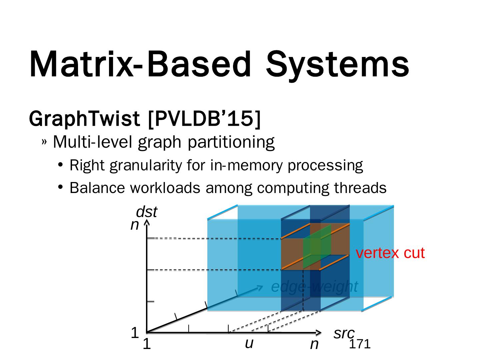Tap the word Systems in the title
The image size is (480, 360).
click(x=337, y=65)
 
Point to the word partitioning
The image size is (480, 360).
click(x=231, y=142)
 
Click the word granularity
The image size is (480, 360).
click(x=145, y=165)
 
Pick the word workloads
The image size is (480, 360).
click(x=165, y=188)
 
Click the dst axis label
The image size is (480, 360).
click(x=146, y=212)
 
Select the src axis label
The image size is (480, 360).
click(x=344, y=333)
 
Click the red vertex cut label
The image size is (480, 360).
click(x=390, y=253)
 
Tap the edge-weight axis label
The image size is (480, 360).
click(x=314, y=286)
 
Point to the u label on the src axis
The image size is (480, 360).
click(x=249, y=343)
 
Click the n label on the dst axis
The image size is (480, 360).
click(x=134, y=225)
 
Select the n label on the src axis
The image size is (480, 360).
click(x=314, y=344)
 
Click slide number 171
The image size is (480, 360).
click(x=359, y=344)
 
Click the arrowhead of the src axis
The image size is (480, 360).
click(x=319, y=332)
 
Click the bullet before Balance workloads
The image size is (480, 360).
click(x=60, y=188)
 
